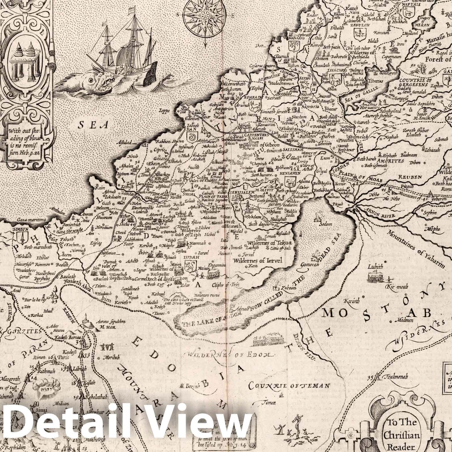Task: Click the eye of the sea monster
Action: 91,81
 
